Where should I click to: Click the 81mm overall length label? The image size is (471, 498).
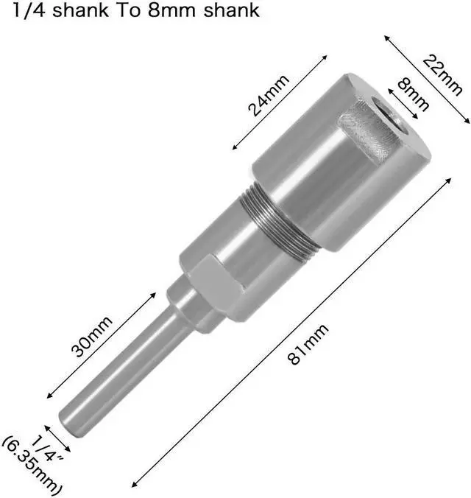[x=308, y=344]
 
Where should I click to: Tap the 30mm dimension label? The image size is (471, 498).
[x=92, y=336]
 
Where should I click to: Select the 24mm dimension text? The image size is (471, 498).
[x=269, y=95]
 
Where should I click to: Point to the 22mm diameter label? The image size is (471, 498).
[x=442, y=75]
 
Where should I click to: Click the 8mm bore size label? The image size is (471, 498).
[x=413, y=94]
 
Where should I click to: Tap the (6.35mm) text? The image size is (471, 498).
[x=32, y=468]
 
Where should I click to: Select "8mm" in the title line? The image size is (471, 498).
[x=171, y=10]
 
